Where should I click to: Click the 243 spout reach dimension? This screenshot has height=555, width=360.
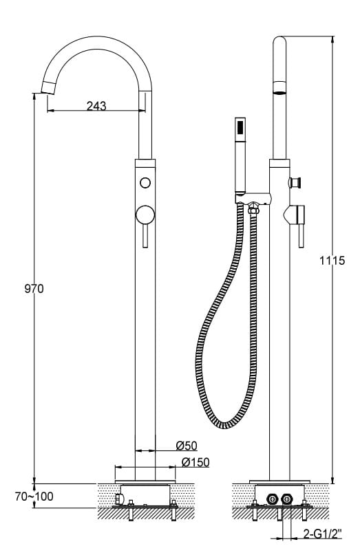[96, 105]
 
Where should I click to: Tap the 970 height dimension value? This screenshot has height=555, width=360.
[34, 289]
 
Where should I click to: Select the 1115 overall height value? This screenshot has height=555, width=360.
[332, 261]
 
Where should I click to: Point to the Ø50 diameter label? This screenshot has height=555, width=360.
[187, 446]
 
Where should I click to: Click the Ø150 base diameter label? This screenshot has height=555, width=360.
[195, 462]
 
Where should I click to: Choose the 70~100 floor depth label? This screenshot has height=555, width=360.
[34, 497]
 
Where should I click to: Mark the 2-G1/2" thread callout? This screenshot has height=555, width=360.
[323, 533]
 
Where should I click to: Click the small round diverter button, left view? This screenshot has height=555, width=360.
[145, 183]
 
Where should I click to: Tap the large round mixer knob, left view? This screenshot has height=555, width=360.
[145, 215]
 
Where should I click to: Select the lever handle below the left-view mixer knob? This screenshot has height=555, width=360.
[145, 235]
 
